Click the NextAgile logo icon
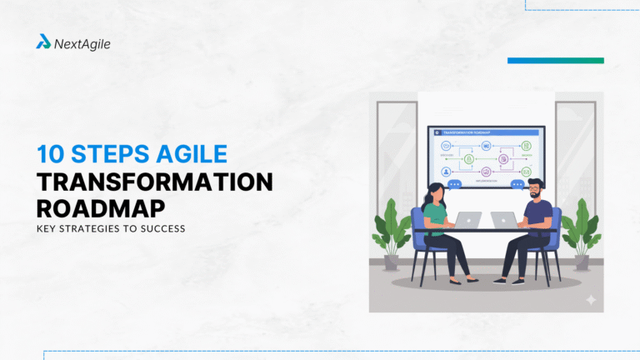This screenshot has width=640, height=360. pyautogui.click(x=43, y=42)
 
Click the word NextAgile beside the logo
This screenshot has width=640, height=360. pyautogui.click(x=82, y=43)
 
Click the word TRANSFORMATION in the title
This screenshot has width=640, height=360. pyautogui.click(x=154, y=182)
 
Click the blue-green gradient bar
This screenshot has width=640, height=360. pyautogui.click(x=555, y=61)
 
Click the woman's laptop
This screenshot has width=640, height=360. pyautogui.click(x=468, y=219)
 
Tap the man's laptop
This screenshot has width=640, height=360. pyautogui.click(x=503, y=219)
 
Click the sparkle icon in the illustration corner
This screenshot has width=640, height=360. pyautogui.click(x=591, y=299)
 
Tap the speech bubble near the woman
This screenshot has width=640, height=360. pyautogui.click(x=454, y=184)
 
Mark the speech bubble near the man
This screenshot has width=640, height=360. pyautogui.click(x=518, y=184)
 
